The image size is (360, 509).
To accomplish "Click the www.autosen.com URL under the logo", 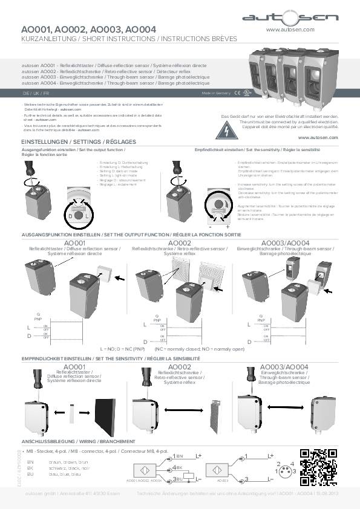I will tap(290, 29).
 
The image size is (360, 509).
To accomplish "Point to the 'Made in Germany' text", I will tap(216, 94).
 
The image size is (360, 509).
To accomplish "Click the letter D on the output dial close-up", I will tap(70, 215).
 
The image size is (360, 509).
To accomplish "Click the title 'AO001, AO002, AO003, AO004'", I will tap(89, 28).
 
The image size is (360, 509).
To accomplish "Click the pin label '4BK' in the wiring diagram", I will tap(179, 467).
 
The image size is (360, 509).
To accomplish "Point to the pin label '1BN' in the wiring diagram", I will tap(179, 456).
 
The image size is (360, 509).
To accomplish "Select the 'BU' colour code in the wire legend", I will tap(31, 475).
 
